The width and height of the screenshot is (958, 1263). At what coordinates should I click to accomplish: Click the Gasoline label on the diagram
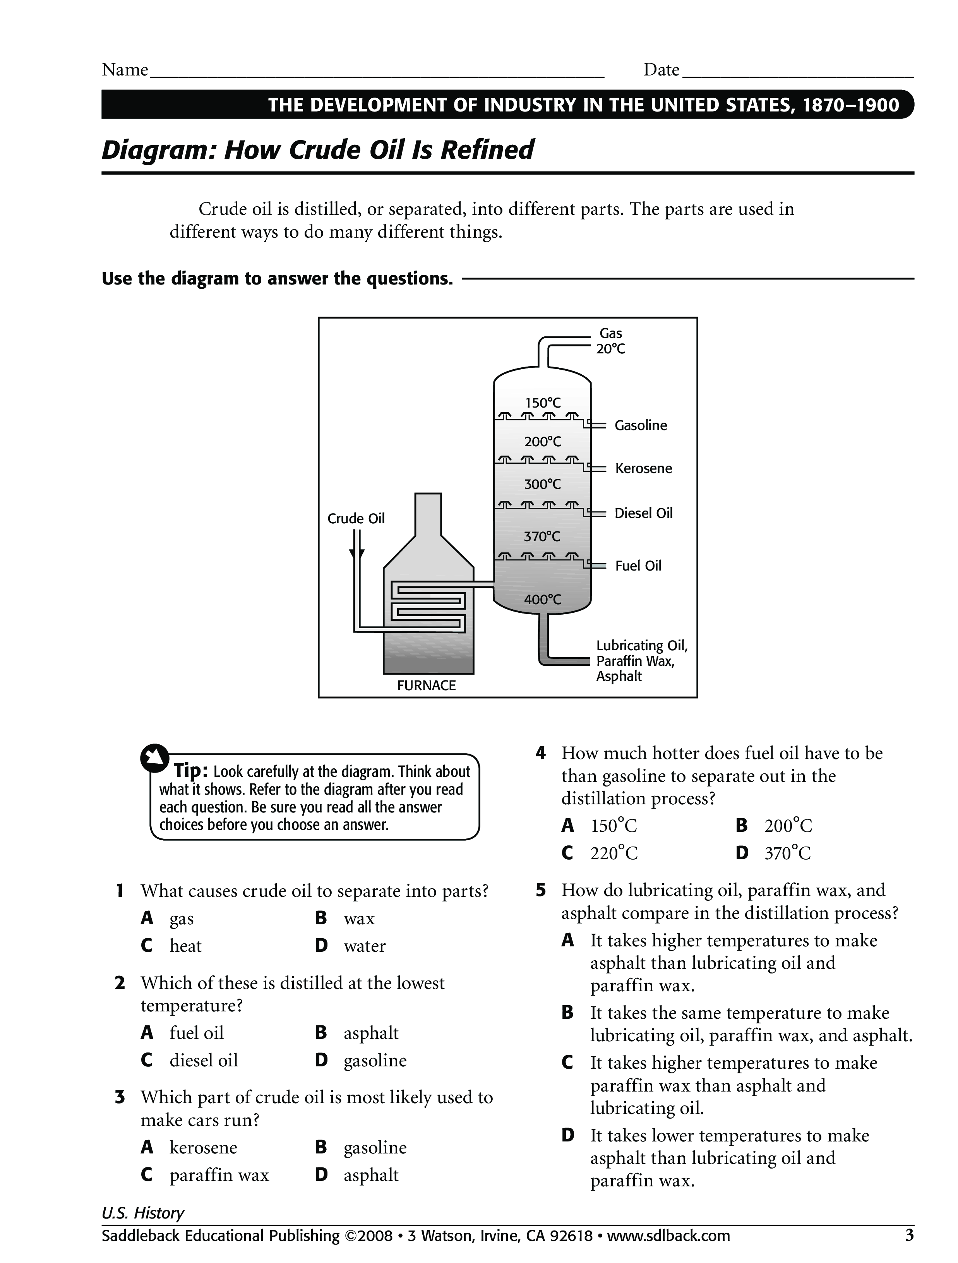click(x=641, y=425)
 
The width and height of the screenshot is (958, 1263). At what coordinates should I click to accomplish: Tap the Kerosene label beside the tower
click(x=643, y=469)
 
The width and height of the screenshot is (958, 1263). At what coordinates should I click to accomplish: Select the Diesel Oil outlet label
click(x=643, y=513)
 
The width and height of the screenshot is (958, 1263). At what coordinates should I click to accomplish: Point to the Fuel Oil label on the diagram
click(x=638, y=566)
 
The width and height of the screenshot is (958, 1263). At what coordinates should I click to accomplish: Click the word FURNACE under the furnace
click(x=427, y=686)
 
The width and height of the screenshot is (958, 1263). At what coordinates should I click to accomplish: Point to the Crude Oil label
click(x=356, y=518)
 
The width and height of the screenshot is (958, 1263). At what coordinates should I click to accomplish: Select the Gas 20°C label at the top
click(x=610, y=341)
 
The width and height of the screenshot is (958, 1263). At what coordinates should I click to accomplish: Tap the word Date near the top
click(x=661, y=70)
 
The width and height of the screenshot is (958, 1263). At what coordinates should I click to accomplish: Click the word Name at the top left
click(x=125, y=70)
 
